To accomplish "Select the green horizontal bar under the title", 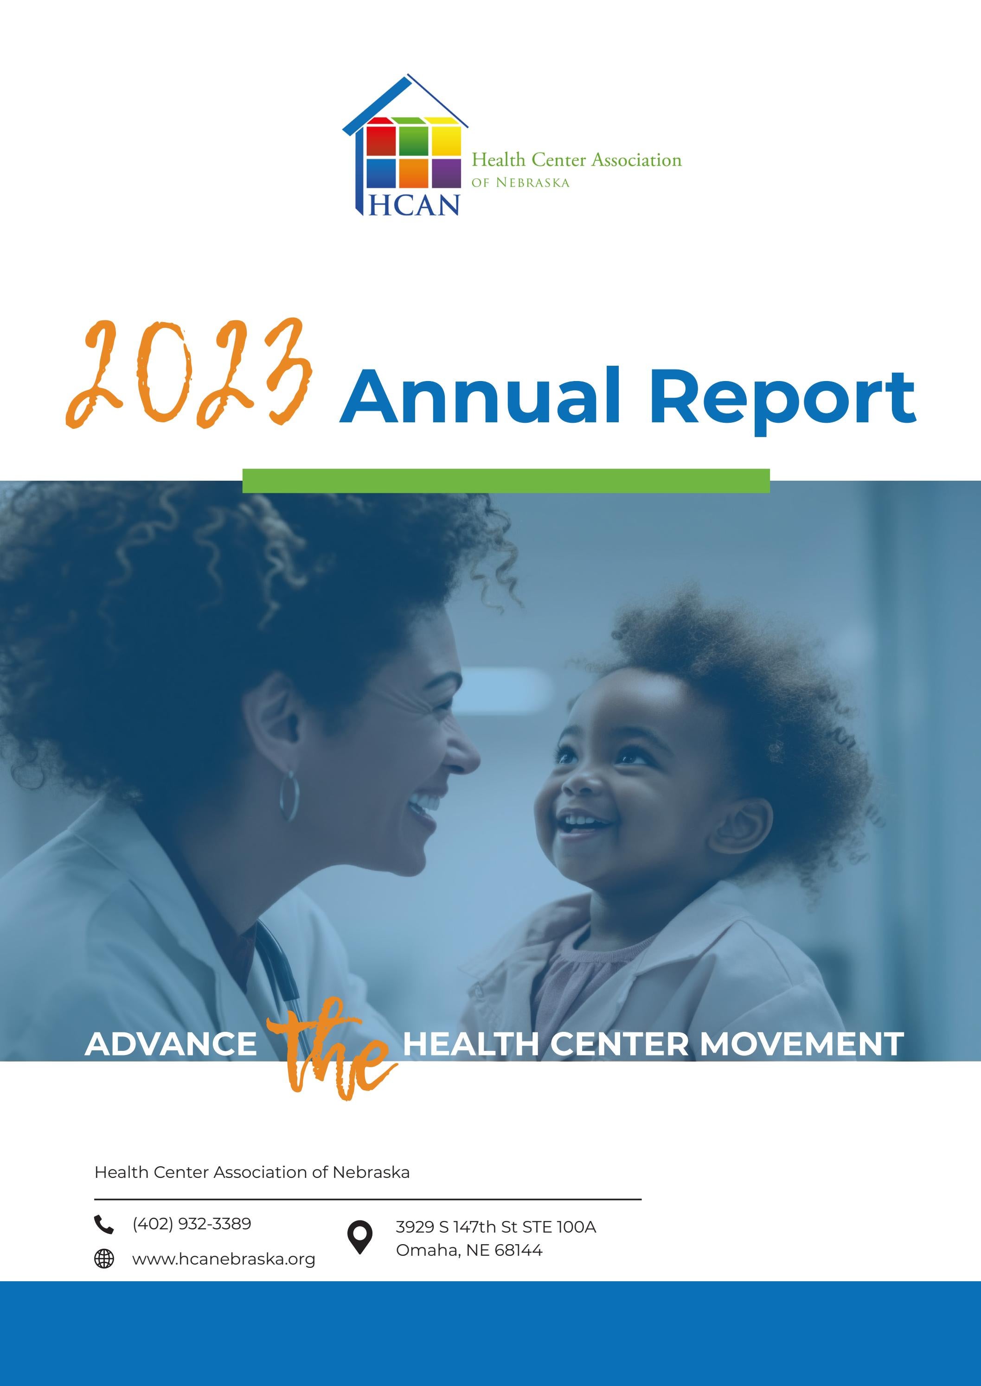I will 506,481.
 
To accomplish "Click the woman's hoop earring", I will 289,795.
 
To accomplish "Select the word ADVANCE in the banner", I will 171,1044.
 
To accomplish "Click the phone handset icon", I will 104,1224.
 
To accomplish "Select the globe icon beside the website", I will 104,1259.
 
